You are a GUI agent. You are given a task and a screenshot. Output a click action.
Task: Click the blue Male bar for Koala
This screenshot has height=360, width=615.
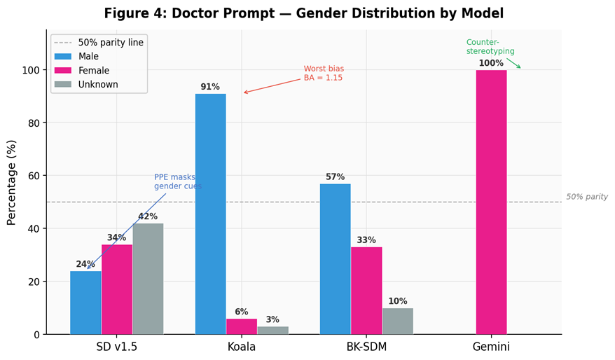pos(210,214)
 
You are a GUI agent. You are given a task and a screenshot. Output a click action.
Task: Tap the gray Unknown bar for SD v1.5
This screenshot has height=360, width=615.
pos(148,279)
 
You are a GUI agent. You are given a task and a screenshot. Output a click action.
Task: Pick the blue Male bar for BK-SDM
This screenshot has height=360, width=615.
pos(335,259)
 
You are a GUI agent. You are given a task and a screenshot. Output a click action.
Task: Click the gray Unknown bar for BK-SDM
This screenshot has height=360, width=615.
pos(397,321)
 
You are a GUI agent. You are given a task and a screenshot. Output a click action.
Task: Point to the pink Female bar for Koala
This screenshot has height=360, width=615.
pos(242,326)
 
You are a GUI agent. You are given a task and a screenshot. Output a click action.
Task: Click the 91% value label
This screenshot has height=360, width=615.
pos(210,87)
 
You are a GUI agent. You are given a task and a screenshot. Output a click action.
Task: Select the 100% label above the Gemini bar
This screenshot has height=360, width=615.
pos(491,63)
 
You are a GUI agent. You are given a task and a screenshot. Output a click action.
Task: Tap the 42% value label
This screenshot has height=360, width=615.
pos(148,216)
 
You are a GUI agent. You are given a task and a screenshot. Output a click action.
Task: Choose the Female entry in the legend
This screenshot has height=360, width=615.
pos(93,71)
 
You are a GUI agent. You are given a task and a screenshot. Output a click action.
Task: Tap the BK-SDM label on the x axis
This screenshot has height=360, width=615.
pos(366,347)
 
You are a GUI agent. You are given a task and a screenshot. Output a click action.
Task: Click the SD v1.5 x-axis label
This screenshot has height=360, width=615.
pos(117,347)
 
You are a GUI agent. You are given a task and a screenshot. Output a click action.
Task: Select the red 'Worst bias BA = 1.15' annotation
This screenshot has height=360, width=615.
pos(324,74)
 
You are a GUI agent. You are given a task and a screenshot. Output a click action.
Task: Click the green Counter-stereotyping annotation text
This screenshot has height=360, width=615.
pos(490,47)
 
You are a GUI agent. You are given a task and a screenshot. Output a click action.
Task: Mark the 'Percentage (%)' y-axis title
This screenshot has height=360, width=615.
pos(11,182)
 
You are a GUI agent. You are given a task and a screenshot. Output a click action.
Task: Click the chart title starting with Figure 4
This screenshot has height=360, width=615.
pos(303,13)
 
